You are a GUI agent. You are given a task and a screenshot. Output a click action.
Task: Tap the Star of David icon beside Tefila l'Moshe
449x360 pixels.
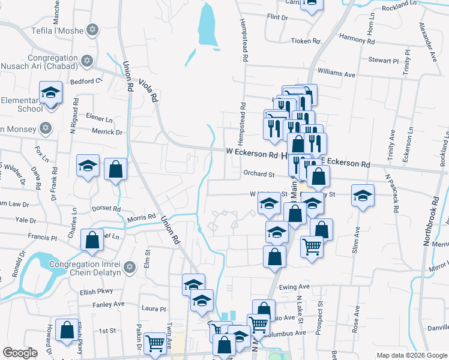point(92,29)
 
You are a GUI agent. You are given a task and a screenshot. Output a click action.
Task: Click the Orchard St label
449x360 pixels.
point(259,175)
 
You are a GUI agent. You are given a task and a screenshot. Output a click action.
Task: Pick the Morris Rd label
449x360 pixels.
point(142,218)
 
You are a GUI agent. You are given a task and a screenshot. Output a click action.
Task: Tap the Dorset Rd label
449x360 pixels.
point(107,209)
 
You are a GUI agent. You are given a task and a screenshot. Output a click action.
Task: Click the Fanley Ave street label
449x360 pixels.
point(109,304)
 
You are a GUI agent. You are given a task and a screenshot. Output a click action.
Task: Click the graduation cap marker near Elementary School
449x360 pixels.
point(51,94)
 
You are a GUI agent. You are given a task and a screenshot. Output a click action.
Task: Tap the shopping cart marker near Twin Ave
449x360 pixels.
point(155,344)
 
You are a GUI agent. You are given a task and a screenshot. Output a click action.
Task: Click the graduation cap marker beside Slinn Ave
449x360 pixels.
point(361,196)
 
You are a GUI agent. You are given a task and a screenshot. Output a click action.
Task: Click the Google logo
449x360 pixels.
point(20,353)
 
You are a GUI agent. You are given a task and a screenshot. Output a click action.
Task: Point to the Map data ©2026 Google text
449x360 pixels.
point(411,355)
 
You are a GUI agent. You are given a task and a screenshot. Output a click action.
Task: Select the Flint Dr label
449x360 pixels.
point(277,17)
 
